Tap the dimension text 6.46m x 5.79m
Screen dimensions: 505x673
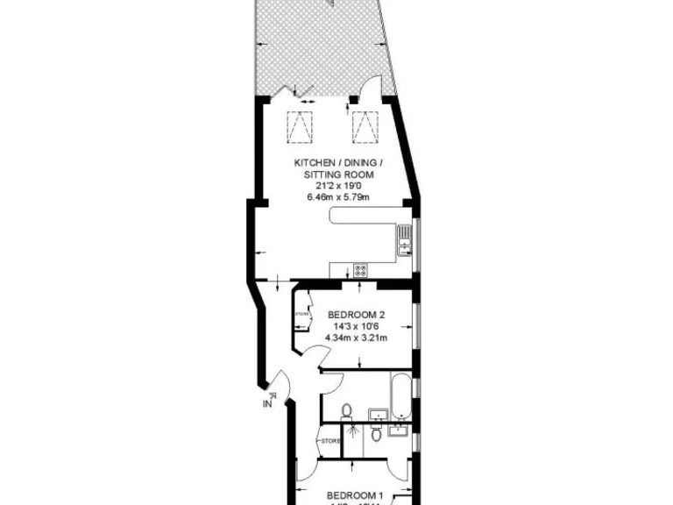(x=337, y=197)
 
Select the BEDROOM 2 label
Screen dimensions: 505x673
(x=357, y=315)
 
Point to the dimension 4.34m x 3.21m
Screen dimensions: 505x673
(x=357, y=338)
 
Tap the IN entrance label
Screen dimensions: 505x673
(x=267, y=404)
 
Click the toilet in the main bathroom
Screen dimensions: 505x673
(x=347, y=410)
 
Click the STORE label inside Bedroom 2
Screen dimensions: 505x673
(x=302, y=313)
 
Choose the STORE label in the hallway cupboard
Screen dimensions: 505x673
(x=330, y=440)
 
